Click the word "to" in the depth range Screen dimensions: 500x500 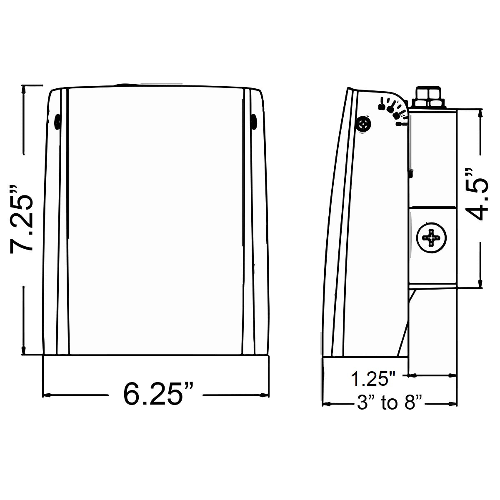click(x=389, y=403)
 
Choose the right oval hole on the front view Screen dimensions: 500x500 click(x=254, y=121)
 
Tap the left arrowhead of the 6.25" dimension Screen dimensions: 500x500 click(x=47, y=394)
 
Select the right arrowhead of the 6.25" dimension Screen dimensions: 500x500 click(x=265, y=394)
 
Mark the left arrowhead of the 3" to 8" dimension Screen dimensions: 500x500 click(x=327, y=404)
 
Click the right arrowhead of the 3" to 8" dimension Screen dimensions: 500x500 click(x=454, y=404)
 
